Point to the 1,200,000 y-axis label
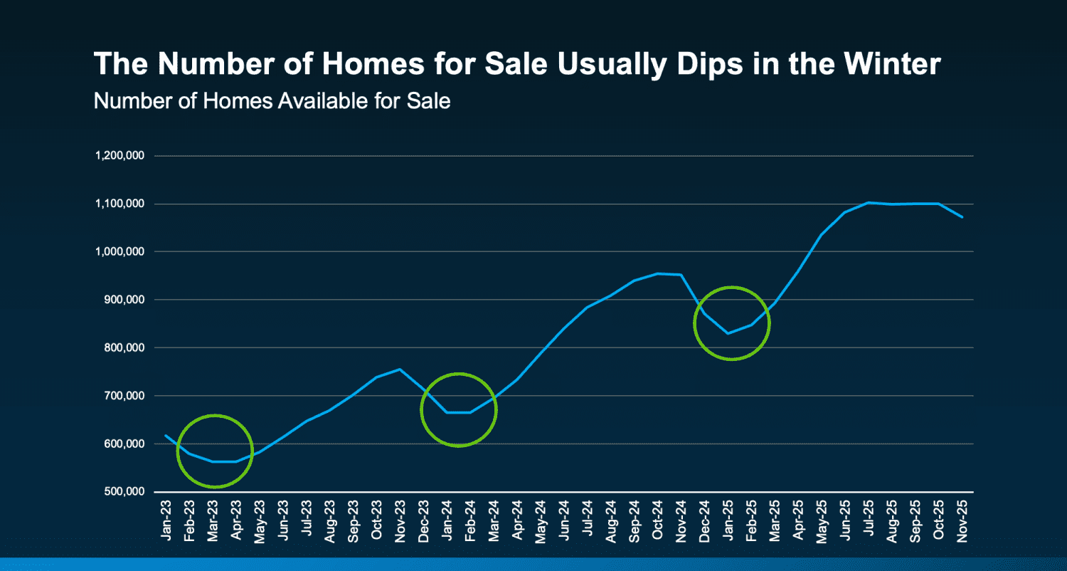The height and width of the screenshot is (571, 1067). coord(120,156)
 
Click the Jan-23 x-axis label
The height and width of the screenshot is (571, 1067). coord(166,521)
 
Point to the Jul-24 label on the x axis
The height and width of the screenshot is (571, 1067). coord(588,521)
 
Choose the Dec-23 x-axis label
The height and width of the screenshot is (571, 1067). coord(423,521)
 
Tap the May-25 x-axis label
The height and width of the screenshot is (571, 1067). coord(822,521)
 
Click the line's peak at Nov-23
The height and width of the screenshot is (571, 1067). coord(400,369)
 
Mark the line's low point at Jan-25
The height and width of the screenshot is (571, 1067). coord(728,333)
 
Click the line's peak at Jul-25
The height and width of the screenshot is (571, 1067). coord(869,202)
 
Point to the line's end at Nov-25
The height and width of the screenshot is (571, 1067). coord(962,216)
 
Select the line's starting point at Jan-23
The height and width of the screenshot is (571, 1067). coord(166,435)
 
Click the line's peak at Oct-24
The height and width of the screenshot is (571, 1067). coord(658,273)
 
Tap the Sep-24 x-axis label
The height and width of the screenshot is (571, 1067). coord(635,521)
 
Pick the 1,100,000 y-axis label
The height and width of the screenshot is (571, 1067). coord(120,204)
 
